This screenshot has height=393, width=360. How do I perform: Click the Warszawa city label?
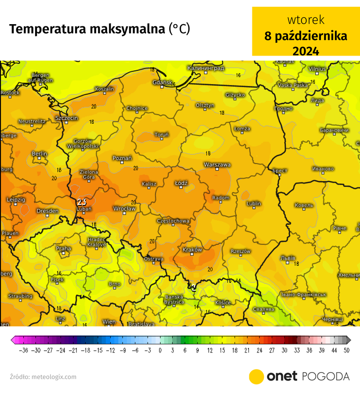[217, 164]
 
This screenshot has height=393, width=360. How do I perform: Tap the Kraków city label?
[192, 250]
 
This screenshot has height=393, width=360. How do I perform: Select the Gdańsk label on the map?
[162, 82]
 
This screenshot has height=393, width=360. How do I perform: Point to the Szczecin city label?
[67, 118]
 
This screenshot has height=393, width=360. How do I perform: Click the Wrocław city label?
[124, 209]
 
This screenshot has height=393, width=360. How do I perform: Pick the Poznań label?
[122, 158]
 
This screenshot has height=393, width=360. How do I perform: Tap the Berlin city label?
[40, 153]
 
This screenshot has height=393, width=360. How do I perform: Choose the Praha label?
[63, 248]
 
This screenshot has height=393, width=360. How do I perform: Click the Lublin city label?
[253, 203]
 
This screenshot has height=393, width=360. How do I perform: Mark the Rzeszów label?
[241, 251]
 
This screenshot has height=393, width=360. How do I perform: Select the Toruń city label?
[161, 134]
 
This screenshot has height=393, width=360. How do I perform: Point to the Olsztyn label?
[205, 105]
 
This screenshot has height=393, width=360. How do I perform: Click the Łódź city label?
[181, 183]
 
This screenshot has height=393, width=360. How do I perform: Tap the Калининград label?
[206, 68]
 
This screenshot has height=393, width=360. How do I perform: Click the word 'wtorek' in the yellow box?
[306, 20]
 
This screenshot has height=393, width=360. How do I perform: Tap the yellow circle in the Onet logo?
[257, 377]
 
